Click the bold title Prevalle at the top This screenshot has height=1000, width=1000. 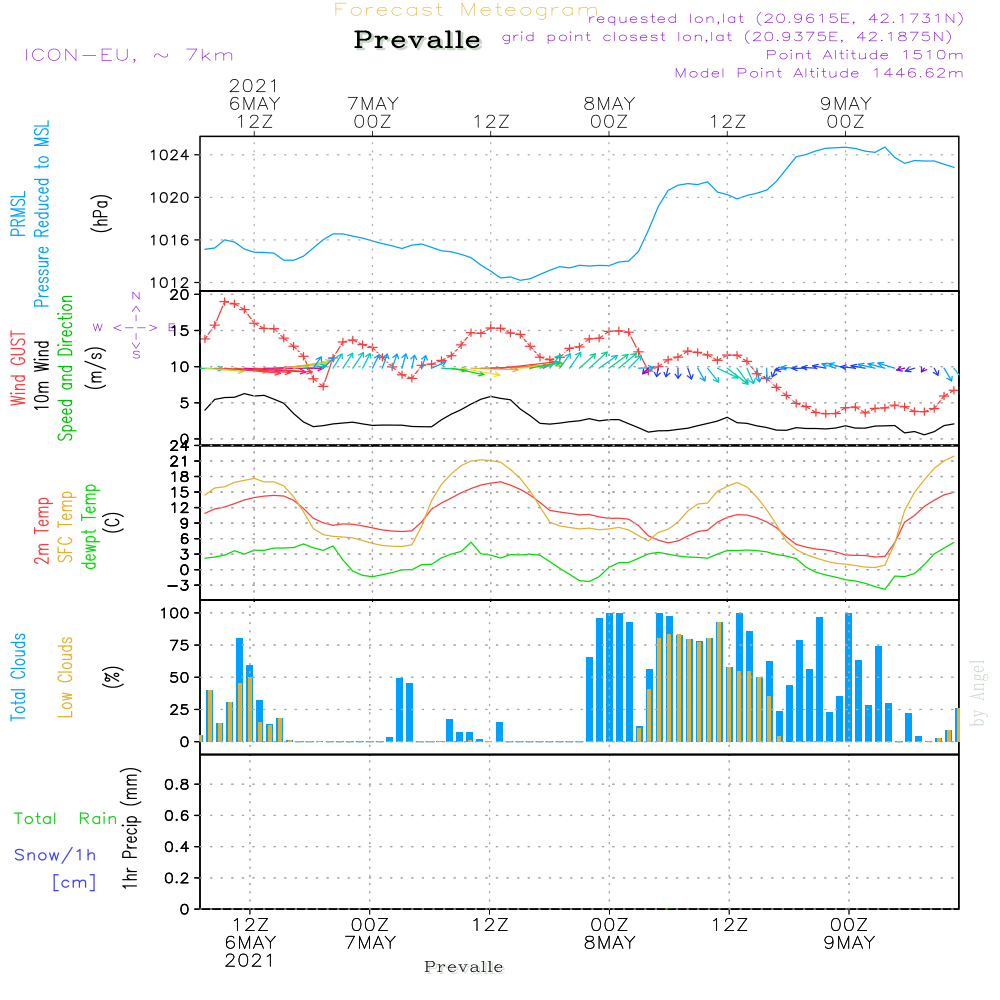(x=417, y=40)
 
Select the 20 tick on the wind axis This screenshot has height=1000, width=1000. (x=180, y=295)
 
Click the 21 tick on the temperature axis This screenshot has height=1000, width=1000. (x=180, y=461)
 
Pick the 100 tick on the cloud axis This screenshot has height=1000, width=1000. (x=175, y=612)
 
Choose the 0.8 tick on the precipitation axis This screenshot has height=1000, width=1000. (x=176, y=785)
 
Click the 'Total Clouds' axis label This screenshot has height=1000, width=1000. (x=18, y=677)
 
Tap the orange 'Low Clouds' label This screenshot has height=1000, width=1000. (x=66, y=677)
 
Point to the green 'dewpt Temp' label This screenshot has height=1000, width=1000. (x=90, y=526)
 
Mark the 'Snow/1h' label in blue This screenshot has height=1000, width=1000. (x=56, y=855)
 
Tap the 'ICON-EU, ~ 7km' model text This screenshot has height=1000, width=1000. (x=128, y=55)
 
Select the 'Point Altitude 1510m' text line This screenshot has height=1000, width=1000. (x=865, y=55)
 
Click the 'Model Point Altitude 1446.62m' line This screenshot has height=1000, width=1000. (x=819, y=73)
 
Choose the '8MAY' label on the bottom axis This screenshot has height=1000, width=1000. (x=609, y=943)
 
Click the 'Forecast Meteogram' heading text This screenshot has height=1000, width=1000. (x=466, y=10)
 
